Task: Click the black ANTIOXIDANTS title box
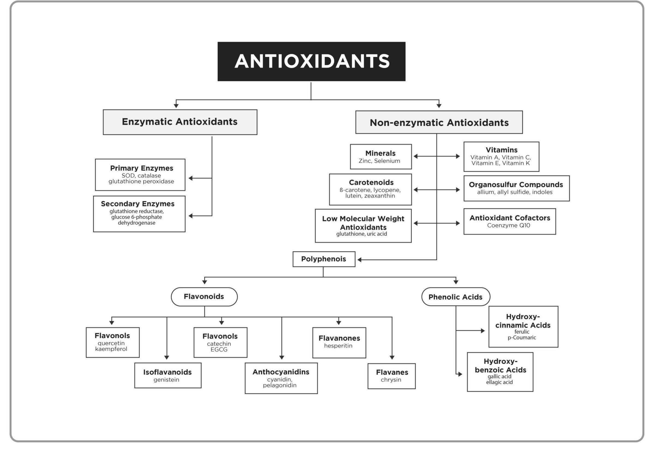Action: click(x=311, y=61)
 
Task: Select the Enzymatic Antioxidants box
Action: click(x=180, y=122)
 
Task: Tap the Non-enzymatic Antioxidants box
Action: click(x=439, y=122)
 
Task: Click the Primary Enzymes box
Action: click(x=140, y=175)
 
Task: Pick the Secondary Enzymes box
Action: click(x=139, y=214)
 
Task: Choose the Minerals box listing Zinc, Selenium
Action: click(x=381, y=156)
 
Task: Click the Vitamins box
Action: click(x=501, y=156)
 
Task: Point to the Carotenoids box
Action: click(x=370, y=189)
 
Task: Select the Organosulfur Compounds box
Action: click(x=517, y=188)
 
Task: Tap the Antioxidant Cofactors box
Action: click(x=510, y=221)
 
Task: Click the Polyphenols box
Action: click(x=324, y=259)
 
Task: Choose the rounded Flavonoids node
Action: click(x=204, y=297)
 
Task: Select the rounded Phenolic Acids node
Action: click(x=456, y=297)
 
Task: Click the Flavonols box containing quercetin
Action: click(x=113, y=342)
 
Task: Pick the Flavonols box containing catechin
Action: click(x=220, y=342)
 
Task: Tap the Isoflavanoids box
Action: click(x=168, y=375)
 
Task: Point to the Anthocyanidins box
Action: click(x=281, y=378)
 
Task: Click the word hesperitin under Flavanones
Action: click(x=338, y=346)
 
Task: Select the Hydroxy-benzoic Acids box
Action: click(x=500, y=372)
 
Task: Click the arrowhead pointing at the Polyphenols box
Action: click(x=359, y=260)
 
